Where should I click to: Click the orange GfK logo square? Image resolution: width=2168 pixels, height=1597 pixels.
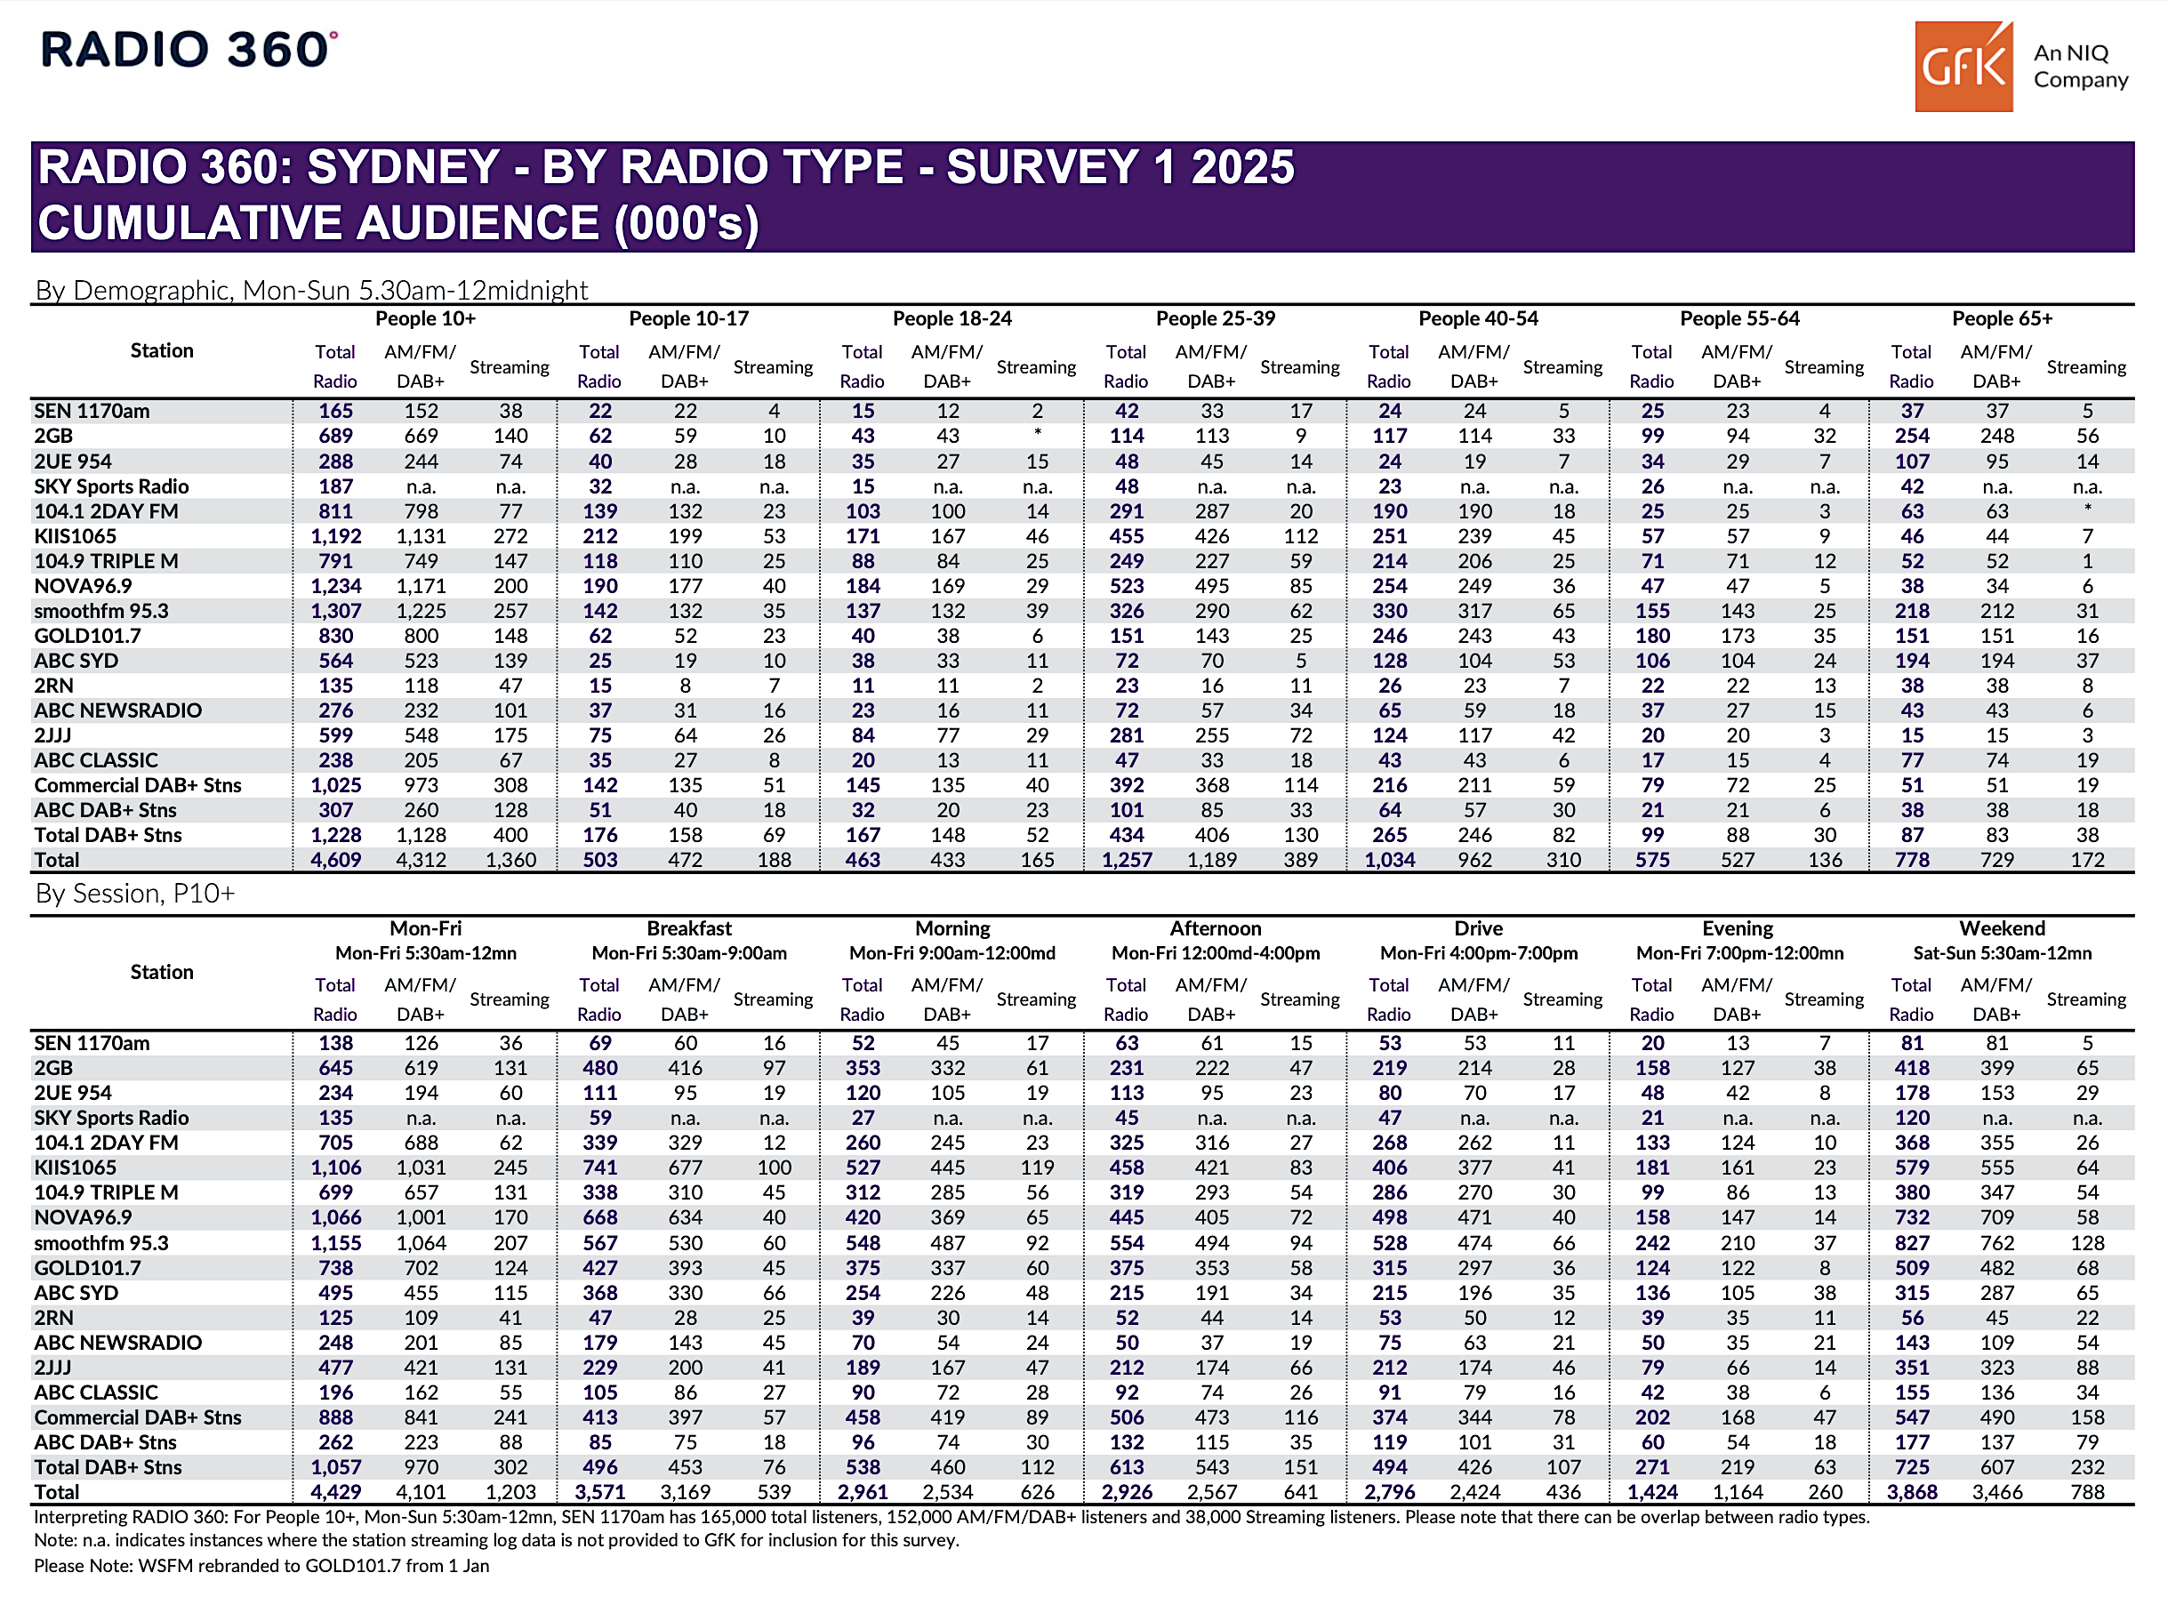click(x=1963, y=67)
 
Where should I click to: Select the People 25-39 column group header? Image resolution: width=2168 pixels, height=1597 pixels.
click(x=1215, y=318)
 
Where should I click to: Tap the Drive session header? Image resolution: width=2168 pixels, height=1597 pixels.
click(x=1478, y=928)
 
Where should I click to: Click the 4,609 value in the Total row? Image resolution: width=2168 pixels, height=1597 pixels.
click(x=335, y=859)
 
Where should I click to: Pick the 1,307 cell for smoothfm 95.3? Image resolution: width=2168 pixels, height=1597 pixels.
click(x=335, y=611)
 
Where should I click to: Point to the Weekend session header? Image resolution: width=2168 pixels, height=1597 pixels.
click(x=2002, y=928)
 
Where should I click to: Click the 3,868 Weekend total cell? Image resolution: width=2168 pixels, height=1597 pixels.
click(x=1912, y=1491)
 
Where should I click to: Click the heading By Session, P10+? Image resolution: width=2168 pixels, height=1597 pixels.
click(x=135, y=894)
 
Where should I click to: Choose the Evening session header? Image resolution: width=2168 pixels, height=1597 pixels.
click(x=1737, y=928)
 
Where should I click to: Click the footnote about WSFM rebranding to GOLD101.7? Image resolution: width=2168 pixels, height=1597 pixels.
click(x=261, y=1566)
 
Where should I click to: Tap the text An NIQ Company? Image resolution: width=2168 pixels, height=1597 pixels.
click(x=2080, y=66)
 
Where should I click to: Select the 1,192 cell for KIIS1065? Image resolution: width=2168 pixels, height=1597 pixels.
click(x=335, y=536)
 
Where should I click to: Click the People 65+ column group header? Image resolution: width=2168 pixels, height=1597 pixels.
click(x=2002, y=318)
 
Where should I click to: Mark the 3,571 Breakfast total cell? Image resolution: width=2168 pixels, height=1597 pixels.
click(x=599, y=1491)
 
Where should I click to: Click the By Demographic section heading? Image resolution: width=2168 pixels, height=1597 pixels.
click(x=311, y=290)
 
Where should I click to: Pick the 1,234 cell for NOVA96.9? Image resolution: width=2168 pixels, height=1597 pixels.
click(x=335, y=586)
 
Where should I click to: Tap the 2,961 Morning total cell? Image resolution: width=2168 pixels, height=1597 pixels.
click(x=863, y=1491)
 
